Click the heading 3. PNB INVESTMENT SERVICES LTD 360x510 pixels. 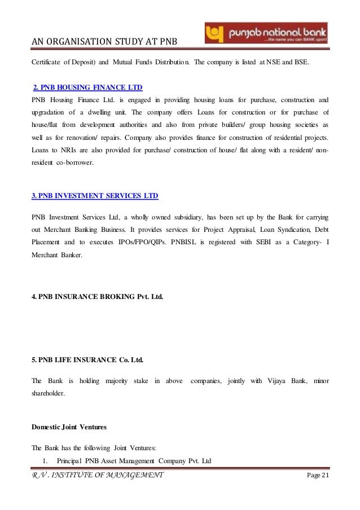[x=94, y=196]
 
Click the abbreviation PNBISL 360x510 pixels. [x=172, y=243]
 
